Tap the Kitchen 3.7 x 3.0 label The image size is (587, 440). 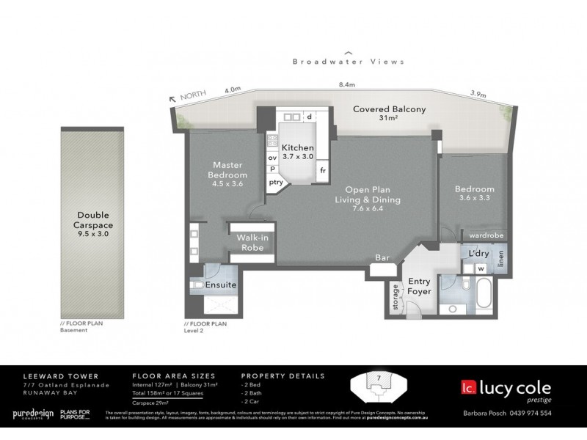click(x=298, y=153)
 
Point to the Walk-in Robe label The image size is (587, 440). click(x=251, y=243)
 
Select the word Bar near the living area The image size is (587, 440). click(x=382, y=258)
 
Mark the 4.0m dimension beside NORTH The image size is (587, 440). click(x=233, y=90)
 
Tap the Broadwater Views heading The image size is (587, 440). click(x=349, y=62)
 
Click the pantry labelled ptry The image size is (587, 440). click(x=276, y=182)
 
